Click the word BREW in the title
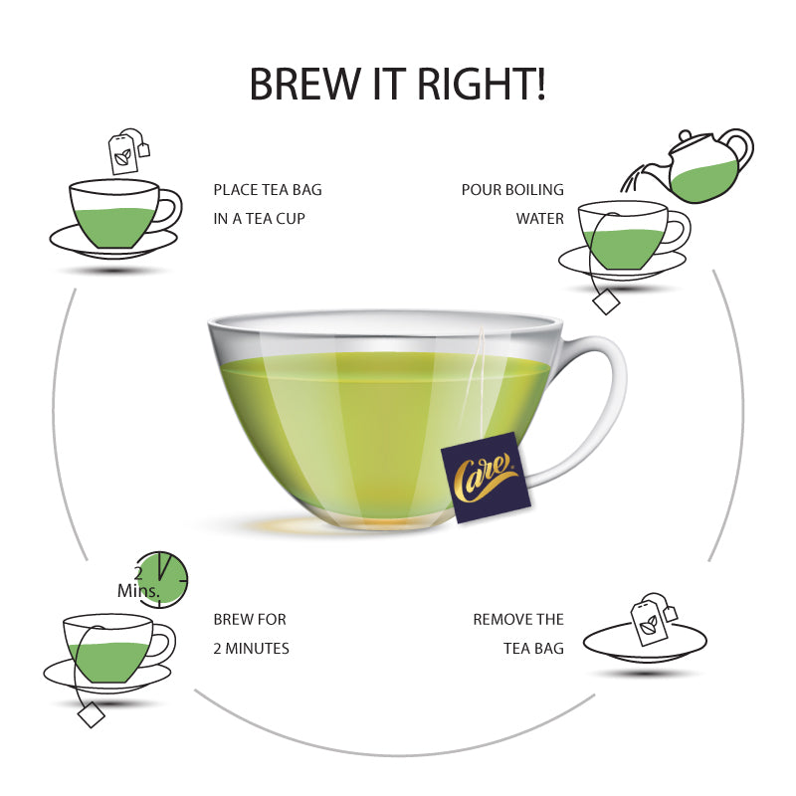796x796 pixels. (x=304, y=84)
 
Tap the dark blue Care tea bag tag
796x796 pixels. (x=486, y=478)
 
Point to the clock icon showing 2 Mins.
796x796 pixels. (x=161, y=579)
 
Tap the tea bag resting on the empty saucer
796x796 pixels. (x=653, y=618)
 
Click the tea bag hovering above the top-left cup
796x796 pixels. (x=128, y=151)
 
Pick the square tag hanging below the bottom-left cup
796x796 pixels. (x=92, y=714)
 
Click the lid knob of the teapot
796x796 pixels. (x=685, y=136)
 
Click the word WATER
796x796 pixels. (x=540, y=219)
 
